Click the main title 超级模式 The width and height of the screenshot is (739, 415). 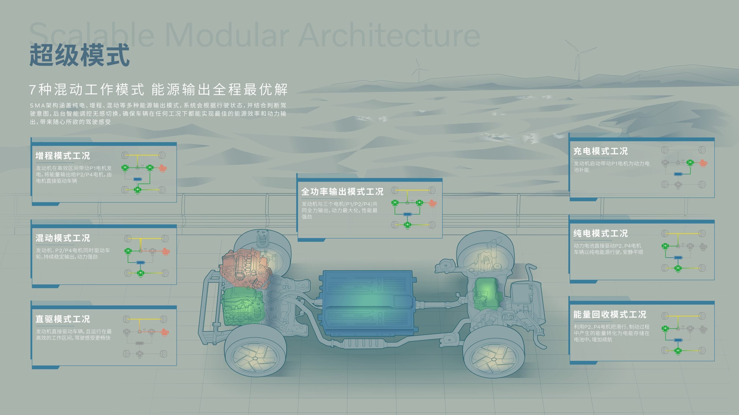(x=79, y=55)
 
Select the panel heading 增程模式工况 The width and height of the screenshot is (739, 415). (x=63, y=156)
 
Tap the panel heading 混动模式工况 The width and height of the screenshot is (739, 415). (x=63, y=238)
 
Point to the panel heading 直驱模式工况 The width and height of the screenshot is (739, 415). (x=63, y=319)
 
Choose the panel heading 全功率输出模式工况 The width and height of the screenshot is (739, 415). (x=342, y=192)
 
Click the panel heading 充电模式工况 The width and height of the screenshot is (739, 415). (x=600, y=151)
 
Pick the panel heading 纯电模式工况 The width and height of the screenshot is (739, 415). (x=600, y=233)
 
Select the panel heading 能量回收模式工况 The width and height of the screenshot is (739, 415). (x=610, y=314)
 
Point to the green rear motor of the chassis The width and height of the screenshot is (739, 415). (x=486, y=293)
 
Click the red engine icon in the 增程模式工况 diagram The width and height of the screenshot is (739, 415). (x=163, y=168)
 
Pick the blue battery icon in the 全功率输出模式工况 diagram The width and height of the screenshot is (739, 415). (x=407, y=214)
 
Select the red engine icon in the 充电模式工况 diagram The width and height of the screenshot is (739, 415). (x=703, y=163)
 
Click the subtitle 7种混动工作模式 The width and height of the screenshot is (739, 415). (x=87, y=89)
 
